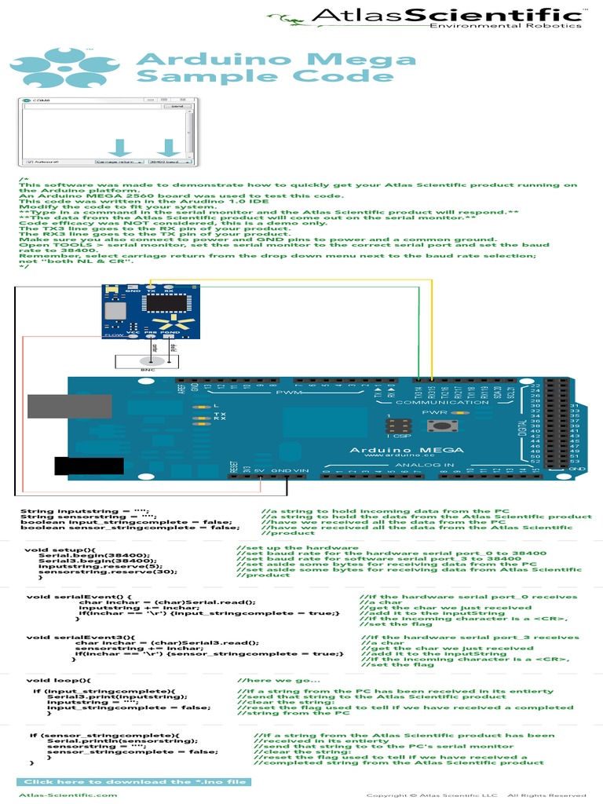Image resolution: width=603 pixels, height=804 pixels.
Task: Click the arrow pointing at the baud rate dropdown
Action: pyautogui.click(x=167, y=147)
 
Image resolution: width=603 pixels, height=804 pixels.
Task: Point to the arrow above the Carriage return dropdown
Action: pyautogui.click(x=120, y=147)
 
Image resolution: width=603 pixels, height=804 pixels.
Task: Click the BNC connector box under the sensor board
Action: pyautogui.click(x=146, y=362)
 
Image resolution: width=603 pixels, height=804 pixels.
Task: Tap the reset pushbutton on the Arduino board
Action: pyautogui.click(x=434, y=426)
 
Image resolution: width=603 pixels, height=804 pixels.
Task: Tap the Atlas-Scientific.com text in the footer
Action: pyautogui.click(x=68, y=795)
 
